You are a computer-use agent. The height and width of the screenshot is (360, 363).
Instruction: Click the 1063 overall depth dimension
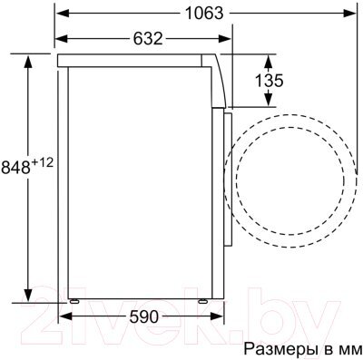click(x=204, y=13)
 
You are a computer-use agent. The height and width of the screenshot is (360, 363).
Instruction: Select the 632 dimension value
click(x=148, y=38)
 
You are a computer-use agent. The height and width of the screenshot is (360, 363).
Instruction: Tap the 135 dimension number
click(x=269, y=81)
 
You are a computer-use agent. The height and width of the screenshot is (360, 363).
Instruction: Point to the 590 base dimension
click(x=144, y=316)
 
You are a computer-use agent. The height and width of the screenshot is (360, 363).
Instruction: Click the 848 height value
click(x=15, y=167)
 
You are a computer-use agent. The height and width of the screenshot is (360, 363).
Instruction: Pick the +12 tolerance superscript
click(x=42, y=162)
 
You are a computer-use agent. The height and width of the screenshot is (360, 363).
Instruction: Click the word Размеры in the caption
click(x=280, y=349)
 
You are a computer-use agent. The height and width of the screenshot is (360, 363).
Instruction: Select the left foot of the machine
click(x=74, y=301)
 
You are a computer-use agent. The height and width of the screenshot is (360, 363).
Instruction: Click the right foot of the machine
click(x=202, y=301)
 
